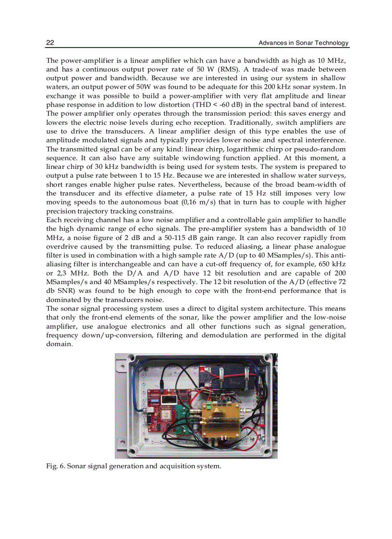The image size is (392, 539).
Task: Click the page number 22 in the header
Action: click(x=49, y=43)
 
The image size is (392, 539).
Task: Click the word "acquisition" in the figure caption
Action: click(x=176, y=466)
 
